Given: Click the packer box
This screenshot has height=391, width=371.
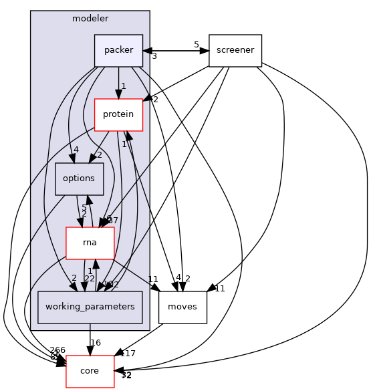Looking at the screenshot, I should coord(118,50).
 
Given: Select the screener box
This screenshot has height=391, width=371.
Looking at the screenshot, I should coord(235,50).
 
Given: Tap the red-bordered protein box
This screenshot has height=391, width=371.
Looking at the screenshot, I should coord(118,114).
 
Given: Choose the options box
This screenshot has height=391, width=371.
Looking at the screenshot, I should coord(79,178).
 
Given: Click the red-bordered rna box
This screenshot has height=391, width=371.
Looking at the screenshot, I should coord(90,243).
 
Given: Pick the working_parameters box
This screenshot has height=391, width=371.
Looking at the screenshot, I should coord(90,307).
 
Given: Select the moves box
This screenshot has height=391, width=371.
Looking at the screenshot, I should coord(182,307).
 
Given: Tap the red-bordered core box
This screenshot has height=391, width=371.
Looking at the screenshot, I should coord(90,371).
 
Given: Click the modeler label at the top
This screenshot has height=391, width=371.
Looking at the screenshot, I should coord(90,18).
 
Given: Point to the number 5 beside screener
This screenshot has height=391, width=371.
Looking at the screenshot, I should coord(197,45).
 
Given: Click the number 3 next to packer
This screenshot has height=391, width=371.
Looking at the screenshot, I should coord(154,56).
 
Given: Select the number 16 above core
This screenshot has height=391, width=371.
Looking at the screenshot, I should coord(96,343).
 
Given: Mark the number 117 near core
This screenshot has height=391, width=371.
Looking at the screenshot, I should coord(127,354).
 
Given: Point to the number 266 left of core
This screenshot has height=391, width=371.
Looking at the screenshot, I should coord(57,350).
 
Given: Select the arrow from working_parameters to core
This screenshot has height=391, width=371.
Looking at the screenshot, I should coord(90,338).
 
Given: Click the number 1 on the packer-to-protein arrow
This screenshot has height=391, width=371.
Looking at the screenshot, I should coord(124,86).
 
